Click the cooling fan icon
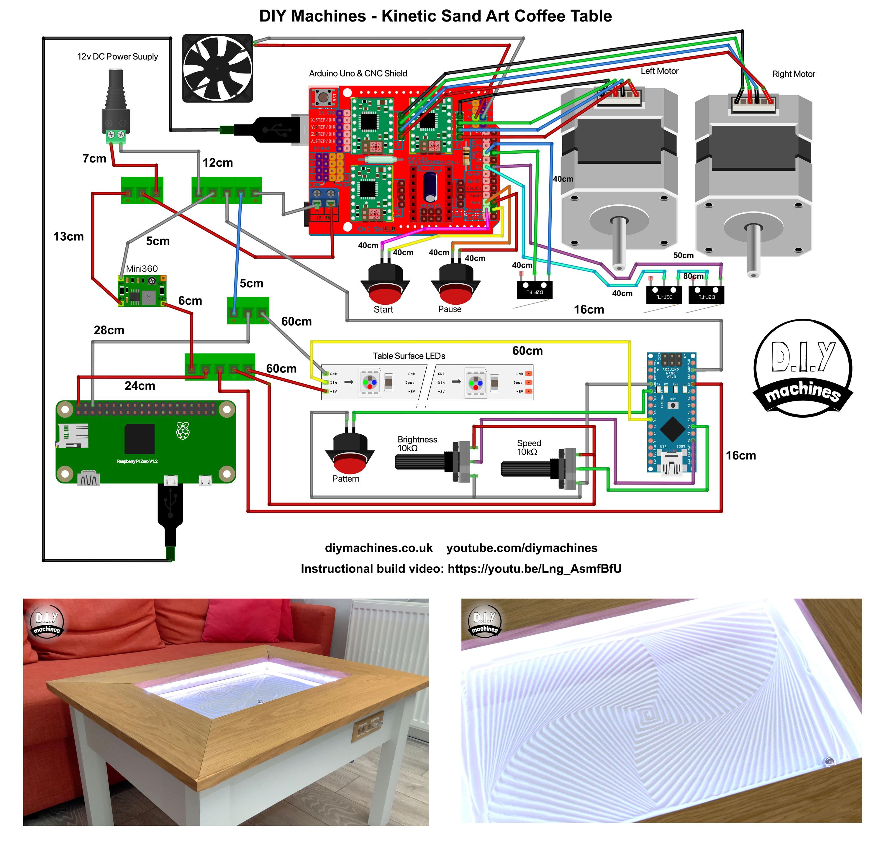tap(217, 68)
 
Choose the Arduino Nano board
tap(671, 412)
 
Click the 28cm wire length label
tap(109, 330)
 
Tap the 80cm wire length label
tap(693, 276)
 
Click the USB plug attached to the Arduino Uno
tap(271, 130)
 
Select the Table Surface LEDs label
tap(409, 356)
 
